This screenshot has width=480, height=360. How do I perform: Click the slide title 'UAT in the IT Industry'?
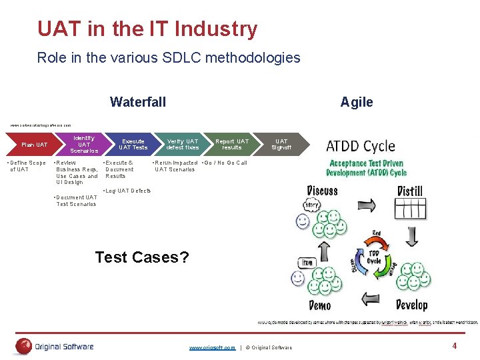coord(147,29)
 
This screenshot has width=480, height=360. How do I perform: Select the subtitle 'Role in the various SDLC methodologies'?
coord(169,58)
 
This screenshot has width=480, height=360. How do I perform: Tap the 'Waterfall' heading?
coord(138,102)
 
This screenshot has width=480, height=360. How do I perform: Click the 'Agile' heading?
coord(357,102)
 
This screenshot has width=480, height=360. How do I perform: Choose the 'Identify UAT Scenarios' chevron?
coord(84,145)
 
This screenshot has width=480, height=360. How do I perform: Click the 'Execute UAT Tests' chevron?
coord(133,145)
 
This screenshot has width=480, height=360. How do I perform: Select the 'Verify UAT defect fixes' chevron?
coord(183,145)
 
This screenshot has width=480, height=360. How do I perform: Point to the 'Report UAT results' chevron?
coord(232,145)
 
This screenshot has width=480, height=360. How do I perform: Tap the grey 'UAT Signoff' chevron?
coord(282,145)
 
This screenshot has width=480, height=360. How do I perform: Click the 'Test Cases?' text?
coord(142,257)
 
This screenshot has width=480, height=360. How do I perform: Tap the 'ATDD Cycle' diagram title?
coord(360,146)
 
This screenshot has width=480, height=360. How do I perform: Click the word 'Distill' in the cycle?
coord(410,191)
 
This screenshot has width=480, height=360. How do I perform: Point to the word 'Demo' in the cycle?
coord(319,305)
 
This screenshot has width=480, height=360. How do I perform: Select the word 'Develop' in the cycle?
coord(412,305)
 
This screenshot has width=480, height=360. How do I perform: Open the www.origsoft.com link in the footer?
coord(212,347)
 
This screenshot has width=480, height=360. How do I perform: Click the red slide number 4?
coord(454,346)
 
